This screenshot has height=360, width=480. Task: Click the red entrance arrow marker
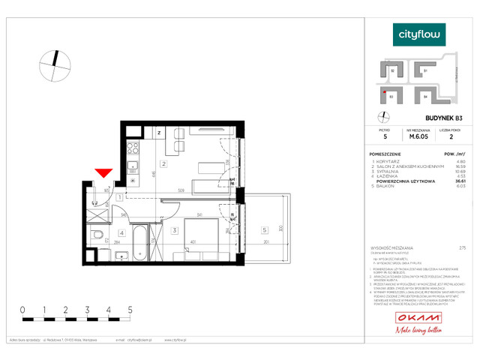point(104,175)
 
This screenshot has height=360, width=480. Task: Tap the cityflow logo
point(419,34)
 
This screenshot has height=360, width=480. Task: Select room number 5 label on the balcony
point(265,230)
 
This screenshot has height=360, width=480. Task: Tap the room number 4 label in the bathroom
point(121,233)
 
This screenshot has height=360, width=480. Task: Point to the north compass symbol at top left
point(52,64)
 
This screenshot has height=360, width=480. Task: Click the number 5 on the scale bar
point(130,309)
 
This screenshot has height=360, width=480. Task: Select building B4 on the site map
point(424,96)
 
